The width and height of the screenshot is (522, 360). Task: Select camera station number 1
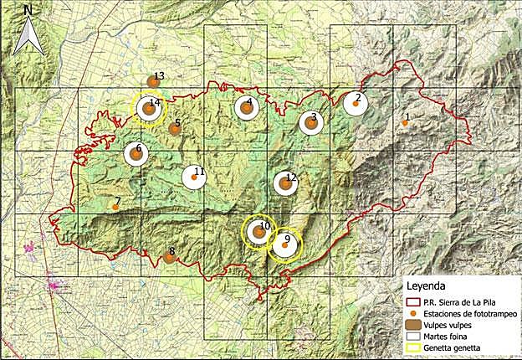click(x=405, y=123)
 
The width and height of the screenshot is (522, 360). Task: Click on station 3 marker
click(x=311, y=123)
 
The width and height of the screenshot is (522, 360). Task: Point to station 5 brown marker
click(x=175, y=129)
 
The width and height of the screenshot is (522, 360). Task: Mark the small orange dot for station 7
click(x=115, y=207)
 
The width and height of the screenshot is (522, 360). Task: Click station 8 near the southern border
click(x=170, y=257)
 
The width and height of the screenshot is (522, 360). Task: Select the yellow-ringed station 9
click(x=284, y=244)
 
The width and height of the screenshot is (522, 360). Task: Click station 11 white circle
click(x=194, y=177)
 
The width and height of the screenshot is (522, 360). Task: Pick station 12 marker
click(x=285, y=183)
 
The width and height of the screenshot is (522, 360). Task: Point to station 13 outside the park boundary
click(x=154, y=81)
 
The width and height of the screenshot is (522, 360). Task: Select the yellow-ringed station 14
click(x=150, y=109)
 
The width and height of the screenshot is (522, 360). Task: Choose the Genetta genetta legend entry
click(x=455, y=348)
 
